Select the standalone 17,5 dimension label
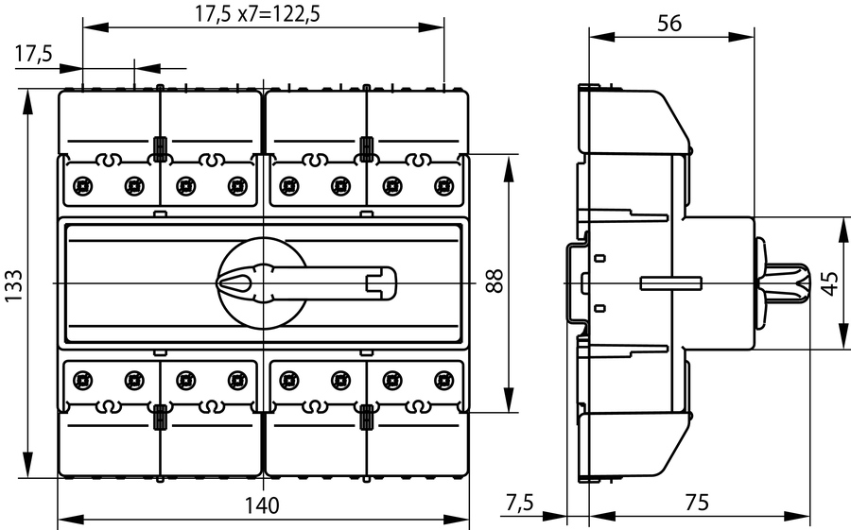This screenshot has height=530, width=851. click(x=34, y=55)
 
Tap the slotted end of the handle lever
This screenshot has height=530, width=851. click(x=382, y=282)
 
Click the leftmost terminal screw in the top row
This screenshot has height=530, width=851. click(x=82, y=184)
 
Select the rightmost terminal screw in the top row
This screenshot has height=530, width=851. click(x=441, y=184)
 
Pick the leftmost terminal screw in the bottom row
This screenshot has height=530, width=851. click(x=82, y=381)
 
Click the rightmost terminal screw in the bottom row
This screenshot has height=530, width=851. click(x=441, y=381)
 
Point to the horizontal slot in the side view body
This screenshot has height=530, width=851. click(x=670, y=283)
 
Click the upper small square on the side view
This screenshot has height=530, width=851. click(x=599, y=258)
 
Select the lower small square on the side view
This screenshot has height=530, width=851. click(x=599, y=308)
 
